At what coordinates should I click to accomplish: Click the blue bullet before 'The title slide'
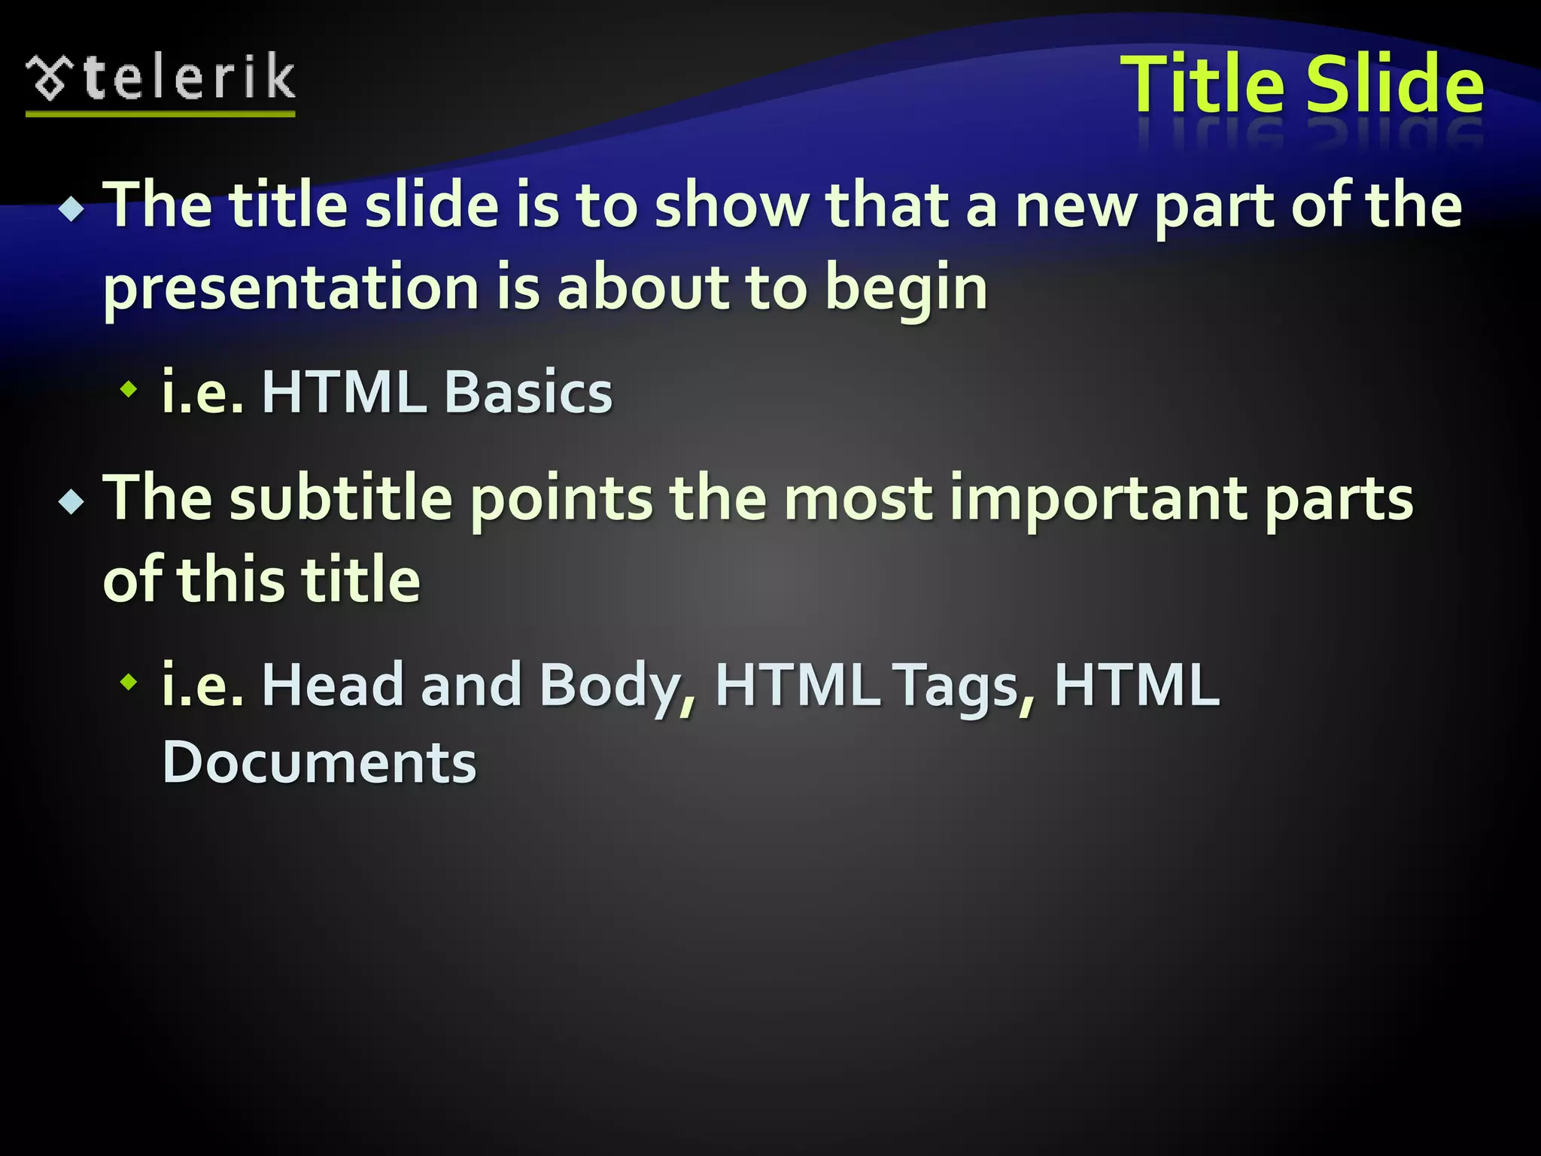point(72,208)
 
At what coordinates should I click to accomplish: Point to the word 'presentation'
point(290,289)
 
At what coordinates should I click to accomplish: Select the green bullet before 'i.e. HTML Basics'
point(130,389)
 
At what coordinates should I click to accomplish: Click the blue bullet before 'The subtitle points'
point(72,501)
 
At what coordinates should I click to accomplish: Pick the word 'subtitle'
point(341,498)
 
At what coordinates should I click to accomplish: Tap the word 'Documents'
point(319,762)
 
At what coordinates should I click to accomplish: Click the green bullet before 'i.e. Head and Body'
point(130,682)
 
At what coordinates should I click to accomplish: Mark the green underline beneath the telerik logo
point(160,114)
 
